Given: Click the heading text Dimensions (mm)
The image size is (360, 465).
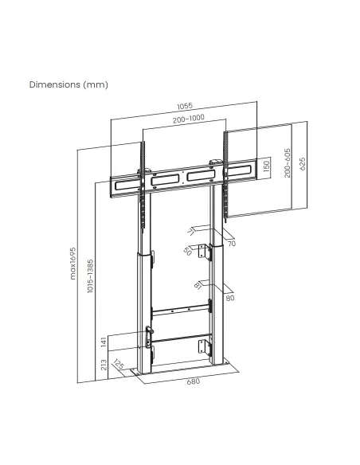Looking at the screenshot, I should [68, 84].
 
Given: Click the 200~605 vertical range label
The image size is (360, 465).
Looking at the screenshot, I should [288, 164].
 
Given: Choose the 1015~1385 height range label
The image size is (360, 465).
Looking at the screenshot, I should [91, 275].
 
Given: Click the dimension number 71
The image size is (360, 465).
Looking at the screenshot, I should [191, 232].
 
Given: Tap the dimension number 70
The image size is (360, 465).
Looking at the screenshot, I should [231, 243].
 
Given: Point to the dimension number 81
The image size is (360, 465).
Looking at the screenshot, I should [196, 285].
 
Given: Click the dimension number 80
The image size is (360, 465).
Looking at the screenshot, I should [229, 299].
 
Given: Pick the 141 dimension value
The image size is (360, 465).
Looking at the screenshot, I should [104, 342].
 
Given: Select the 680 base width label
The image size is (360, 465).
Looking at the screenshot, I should [192, 381].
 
